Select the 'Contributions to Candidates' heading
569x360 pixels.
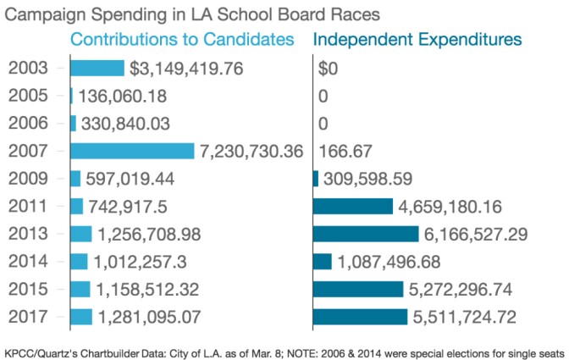pos(182,40)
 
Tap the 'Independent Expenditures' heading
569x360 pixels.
pos(417,40)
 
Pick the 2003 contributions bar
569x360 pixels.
pos(97,69)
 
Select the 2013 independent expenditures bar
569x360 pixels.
pos(366,234)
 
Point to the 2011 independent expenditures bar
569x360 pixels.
pos(353,206)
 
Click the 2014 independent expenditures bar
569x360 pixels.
pos(323,261)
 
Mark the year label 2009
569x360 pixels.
pos(27,179)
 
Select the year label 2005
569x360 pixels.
pos(27,96)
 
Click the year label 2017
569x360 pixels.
pos(27,317)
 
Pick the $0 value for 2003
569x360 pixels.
pos(328,69)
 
